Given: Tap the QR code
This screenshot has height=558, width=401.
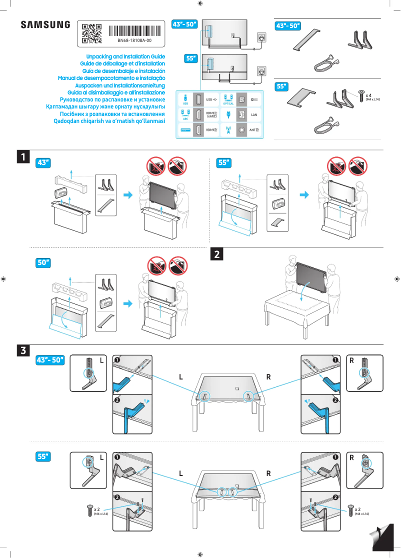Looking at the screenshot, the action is click(91, 32).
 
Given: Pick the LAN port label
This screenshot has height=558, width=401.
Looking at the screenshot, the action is click(253, 115).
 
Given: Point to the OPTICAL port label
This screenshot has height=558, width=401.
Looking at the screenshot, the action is click(229, 103).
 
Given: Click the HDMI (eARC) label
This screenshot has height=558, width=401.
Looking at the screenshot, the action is click(211, 115).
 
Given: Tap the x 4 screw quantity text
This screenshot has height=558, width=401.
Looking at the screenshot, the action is click(368, 94).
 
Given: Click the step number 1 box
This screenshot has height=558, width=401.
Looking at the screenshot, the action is click(23, 157).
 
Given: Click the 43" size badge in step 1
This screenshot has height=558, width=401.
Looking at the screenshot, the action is click(44, 162).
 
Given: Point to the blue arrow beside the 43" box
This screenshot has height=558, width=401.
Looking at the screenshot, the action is click(129, 195).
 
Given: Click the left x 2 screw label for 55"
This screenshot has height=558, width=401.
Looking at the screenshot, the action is click(97, 509).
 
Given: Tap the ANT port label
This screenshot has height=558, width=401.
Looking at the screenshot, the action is click(253, 129).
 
